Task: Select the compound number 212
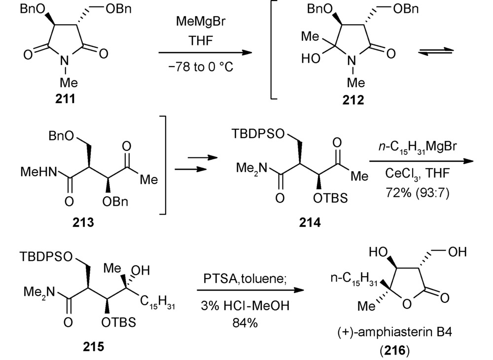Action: (x=353, y=100)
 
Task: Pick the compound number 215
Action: (x=93, y=347)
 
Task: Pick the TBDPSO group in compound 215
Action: (x=46, y=256)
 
